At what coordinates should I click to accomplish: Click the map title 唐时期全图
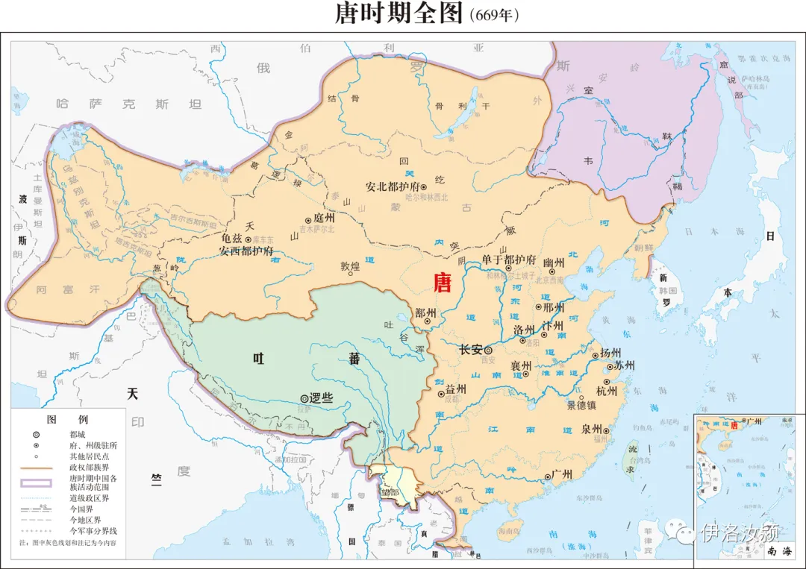[399, 14]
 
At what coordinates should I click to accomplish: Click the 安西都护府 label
[246, 251]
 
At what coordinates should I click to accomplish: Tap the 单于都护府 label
[508, 260]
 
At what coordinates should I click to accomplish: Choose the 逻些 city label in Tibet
[320, 399]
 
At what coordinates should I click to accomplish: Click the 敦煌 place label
[350, 265]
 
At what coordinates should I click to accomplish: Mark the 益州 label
[455, 389]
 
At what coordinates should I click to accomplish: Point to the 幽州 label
[554, 262]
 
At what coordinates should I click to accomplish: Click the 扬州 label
[610, 353]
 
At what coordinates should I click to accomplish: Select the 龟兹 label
[232, 239]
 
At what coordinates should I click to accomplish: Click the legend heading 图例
[67, 420]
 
